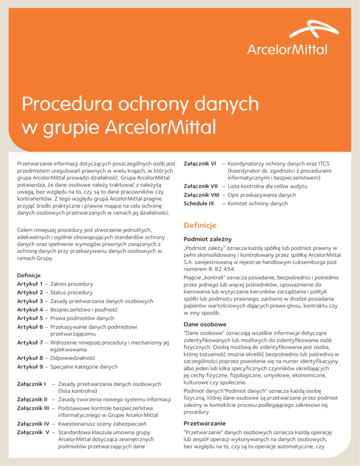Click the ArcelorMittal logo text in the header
click(x=287, y=49)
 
